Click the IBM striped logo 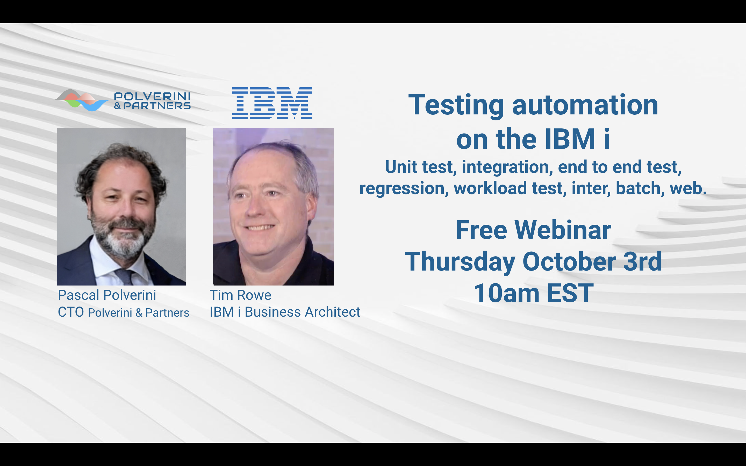(272, 103)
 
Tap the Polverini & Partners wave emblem (81, 100)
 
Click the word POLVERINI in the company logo (152, 97)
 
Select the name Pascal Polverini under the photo (107, 295)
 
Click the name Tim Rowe (240, 295)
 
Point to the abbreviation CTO (71, 312)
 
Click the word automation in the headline (585, 105)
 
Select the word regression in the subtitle (404, 188)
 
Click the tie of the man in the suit (125, 276)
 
